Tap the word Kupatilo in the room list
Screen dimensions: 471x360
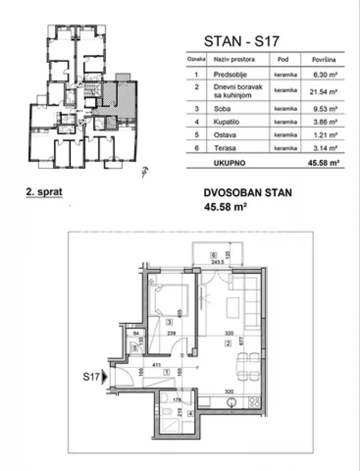click(224, 121)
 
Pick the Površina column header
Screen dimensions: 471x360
click(323, 60)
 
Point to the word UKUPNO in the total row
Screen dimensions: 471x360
click(229, 163)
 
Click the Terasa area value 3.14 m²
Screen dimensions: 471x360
click(323, 149)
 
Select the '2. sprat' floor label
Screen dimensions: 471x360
click(44, 192)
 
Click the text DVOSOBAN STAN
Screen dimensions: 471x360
click(248, 193)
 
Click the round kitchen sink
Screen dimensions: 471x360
click(233, 402)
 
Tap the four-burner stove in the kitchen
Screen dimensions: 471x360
click(254, 402)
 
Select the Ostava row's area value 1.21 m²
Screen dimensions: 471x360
click(323, 136)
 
